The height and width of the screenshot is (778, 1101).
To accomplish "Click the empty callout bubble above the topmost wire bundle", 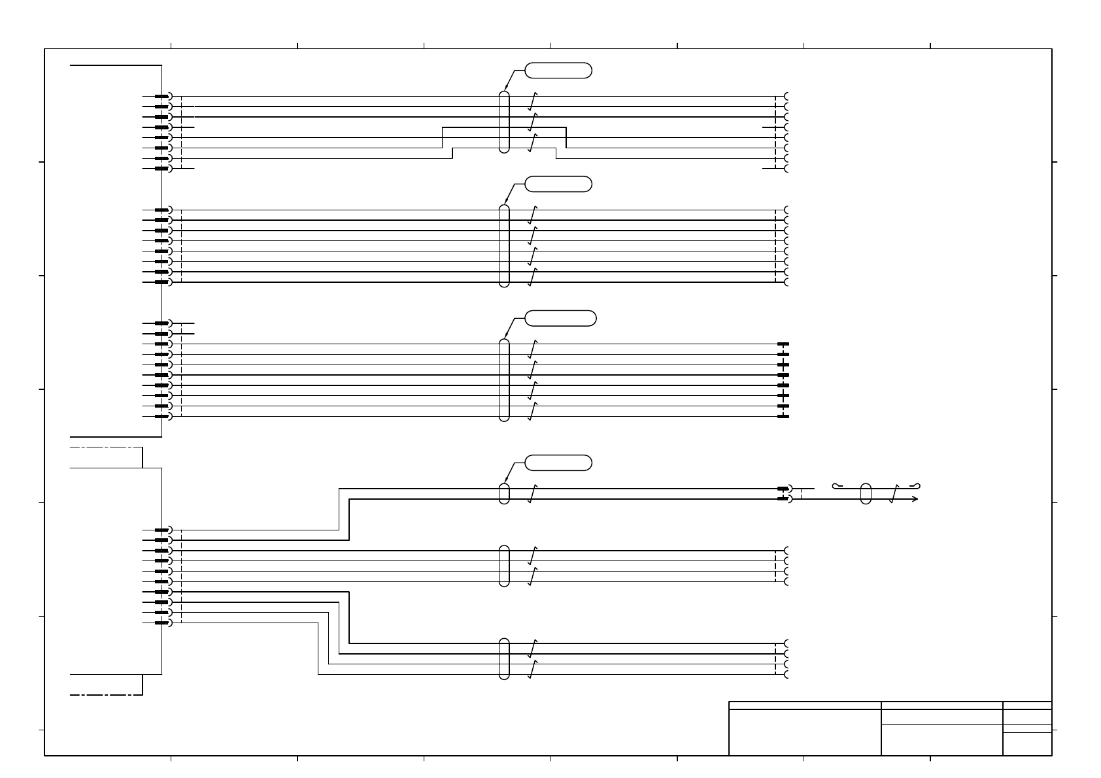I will pyautogui.click(x=558, y=70).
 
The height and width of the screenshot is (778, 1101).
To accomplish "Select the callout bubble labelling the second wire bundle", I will pyautogui.click(x=558, y=184).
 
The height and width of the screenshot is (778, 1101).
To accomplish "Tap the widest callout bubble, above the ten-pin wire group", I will pyautogui.click(x=560, y=318).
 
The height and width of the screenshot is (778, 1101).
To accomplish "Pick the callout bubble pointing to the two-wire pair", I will pyautogui.click(x=558, y=462).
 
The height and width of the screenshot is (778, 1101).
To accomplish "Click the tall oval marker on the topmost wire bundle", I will pyautogui.click(x=503, y=122).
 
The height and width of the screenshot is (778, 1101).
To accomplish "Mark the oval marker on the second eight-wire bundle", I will pyautogui.click(x=503, y=246).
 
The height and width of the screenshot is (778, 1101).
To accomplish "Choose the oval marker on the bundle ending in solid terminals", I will pyautogui.click(x=503, y=380).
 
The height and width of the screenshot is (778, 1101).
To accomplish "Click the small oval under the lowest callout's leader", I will pyautogui.click(x=503, y=494).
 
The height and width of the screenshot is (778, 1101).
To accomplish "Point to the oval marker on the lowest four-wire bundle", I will pyautogui.click(x=503, y=658).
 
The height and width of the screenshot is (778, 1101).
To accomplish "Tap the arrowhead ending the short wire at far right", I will pyautogui.click(x=916, y=499).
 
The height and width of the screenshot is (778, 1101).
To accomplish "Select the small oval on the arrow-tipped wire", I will pyautogui.click(x=866, y=494).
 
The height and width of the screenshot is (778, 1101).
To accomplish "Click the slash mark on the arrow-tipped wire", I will pyautogui.click(x=896, y=494).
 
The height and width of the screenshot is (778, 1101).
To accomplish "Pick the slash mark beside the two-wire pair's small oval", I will pyautogui.click(x=532, y=494).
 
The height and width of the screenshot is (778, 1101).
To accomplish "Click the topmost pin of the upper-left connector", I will pyautogui.click(x=162, y=97).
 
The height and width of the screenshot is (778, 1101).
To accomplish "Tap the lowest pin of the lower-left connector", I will pyautogui.click(x=162, y=623).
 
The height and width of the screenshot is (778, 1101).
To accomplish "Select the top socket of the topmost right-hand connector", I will pyautogui.click(x=787, y=97).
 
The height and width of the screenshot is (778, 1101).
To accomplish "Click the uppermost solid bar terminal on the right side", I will pyautogui.click(x=783, y=344).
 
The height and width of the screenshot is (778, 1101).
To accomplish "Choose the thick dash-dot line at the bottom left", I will pyautogui.click(x=106, y=694).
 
